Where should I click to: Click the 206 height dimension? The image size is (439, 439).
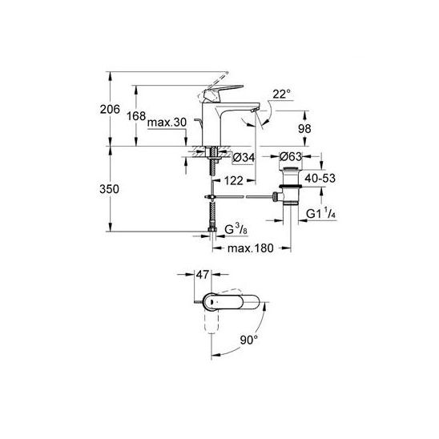pos(110,109)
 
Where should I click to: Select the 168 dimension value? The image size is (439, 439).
pos(136,115)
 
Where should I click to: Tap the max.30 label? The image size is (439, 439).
pos(167,123)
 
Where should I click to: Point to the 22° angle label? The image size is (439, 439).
pos(282,94)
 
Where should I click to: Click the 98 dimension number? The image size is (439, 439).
pos(304,129)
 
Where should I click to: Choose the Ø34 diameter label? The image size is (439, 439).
pos(244,158)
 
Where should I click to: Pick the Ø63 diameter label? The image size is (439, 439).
pos(291,156)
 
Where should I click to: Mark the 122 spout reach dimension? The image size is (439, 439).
pos(234,181)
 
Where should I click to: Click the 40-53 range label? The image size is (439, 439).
pos(320,178)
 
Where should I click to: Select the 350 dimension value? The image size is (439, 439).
pos(109,189)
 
